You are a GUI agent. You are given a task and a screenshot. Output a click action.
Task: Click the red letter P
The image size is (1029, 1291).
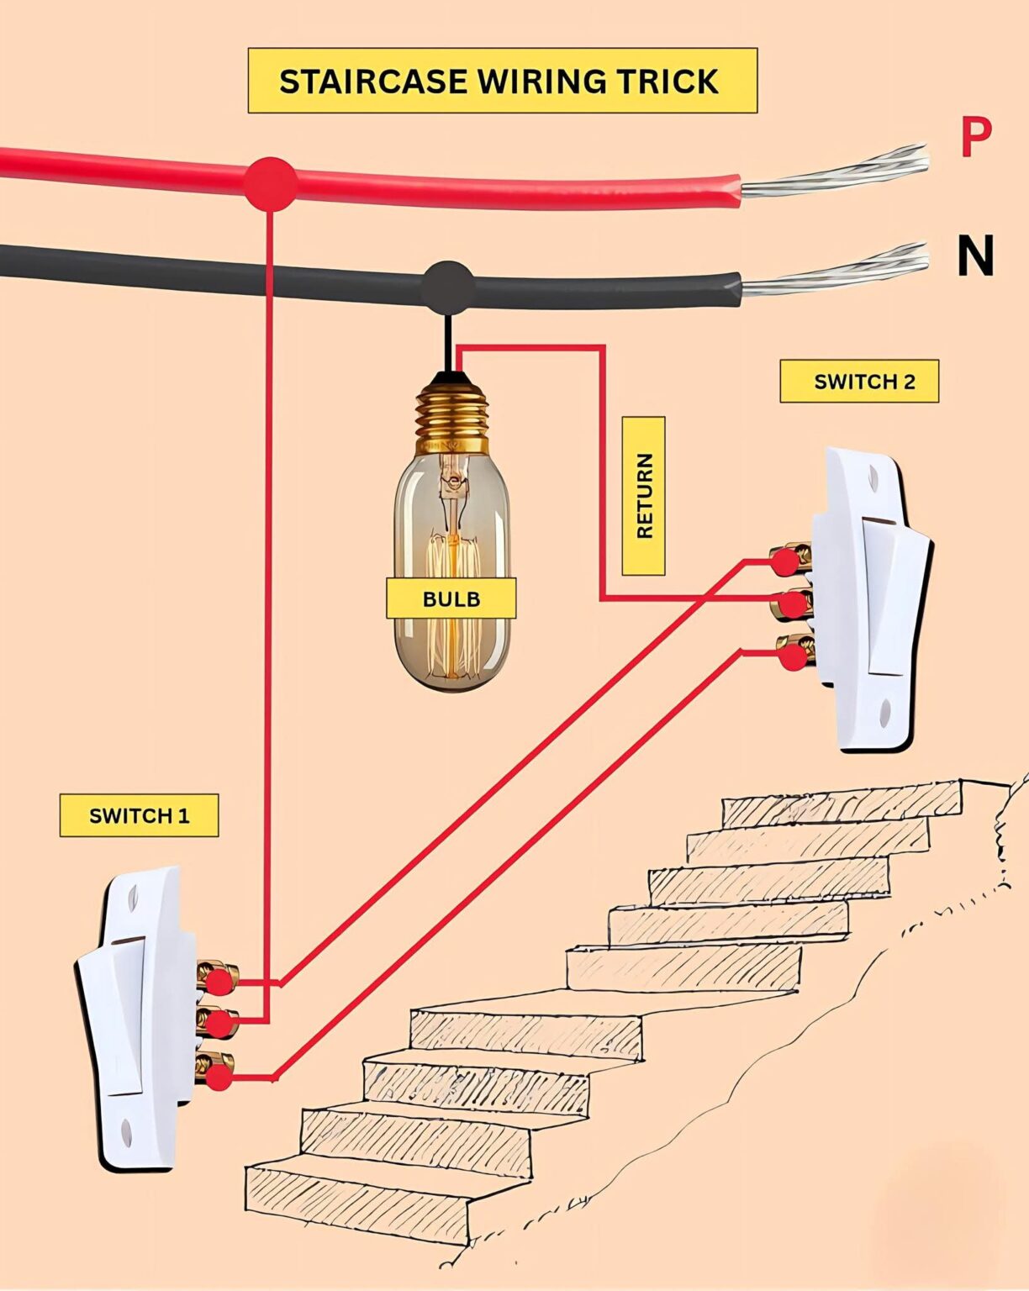[975, 139]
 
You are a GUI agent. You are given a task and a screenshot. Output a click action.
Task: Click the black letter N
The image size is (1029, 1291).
[975, 256]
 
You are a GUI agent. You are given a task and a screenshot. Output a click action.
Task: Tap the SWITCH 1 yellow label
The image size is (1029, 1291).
[139, 815]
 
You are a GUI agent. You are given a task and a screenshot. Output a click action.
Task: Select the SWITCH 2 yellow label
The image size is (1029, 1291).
[859, 382]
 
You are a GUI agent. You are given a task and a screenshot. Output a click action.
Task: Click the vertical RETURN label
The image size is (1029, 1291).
[644, 496]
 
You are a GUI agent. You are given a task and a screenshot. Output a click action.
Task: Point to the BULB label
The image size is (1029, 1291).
[451, 598]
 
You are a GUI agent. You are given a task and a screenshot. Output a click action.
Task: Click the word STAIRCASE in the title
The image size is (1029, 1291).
[373, 82]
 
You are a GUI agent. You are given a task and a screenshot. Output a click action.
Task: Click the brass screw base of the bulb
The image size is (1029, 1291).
[452, 412]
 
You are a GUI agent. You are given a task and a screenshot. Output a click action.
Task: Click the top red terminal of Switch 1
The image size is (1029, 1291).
[219, 981]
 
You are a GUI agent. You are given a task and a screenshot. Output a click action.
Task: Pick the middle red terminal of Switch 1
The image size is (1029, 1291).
[219, 1024]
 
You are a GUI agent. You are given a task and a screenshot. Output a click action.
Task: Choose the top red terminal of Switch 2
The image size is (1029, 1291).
[785, 561]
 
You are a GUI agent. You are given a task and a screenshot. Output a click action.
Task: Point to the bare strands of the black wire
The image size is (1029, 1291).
[836, 274]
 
